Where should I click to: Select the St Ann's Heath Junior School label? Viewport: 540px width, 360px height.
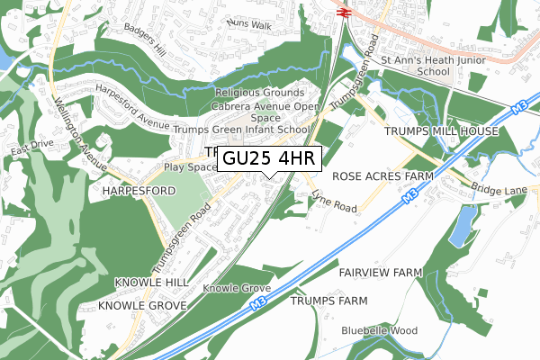pos(415,66)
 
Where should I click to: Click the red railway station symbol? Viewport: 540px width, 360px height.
pos(342,12)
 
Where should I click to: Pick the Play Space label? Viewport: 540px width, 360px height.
pos(190,167)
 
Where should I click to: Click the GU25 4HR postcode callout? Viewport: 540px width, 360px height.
pos(266,158)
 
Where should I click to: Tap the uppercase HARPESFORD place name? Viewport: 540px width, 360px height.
pos(137,192)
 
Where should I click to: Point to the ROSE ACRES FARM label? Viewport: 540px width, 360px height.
pos(382,176)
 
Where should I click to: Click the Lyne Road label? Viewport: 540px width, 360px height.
pos(334,202)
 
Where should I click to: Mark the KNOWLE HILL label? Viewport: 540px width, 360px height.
pos(151,283)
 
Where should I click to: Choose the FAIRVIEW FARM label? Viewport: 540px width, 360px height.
pos(381,272)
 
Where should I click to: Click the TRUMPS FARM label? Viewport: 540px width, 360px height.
pos(329,300)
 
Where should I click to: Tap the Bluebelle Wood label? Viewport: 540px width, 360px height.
pos(380,331)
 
